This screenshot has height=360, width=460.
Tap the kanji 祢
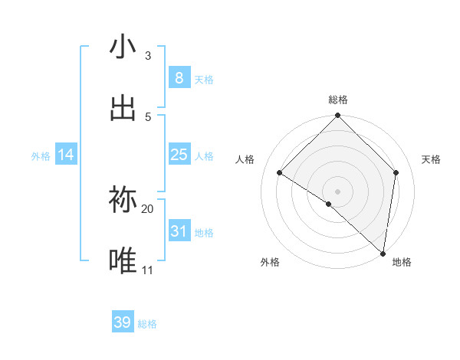pyautogui.click(x=123, y=200)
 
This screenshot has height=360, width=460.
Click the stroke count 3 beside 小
pyautogui.click(x=148, y=55)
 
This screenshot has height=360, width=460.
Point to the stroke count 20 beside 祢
pyautogui.click(x=148, y=208)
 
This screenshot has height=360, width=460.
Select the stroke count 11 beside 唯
pyautogui.click(x=148, y=270)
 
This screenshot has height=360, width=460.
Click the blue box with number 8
pyautogui.click(x=179, y=78)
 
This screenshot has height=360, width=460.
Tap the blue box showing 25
pyautogui.click(x=179, y=155)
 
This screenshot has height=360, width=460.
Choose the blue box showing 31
pyautogui.click(x=179, y=231)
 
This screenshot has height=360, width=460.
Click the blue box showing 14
pyautogui.click(x=66, y=155)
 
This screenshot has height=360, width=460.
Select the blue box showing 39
pyautogui.click(x=123, y=322)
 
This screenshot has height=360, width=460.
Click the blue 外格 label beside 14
pyautogui.click(x=41, y=156)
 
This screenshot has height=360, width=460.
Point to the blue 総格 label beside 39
pyautogui.click(x=147, y=324)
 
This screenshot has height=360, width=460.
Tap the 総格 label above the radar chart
pyautogui.click(x=338, y=100)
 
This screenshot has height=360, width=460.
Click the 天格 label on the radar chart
pyautogui.click(x=431, y=159)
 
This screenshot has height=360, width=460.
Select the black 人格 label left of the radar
pyautogui.click(x=245, y=159)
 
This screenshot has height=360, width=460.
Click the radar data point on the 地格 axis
pyautogui.click(x=383, y=253)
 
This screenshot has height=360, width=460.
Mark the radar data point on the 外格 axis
pyautogui.click(x=328, y=204)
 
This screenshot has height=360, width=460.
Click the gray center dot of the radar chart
pyautogui.click(x=338, y=191)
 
